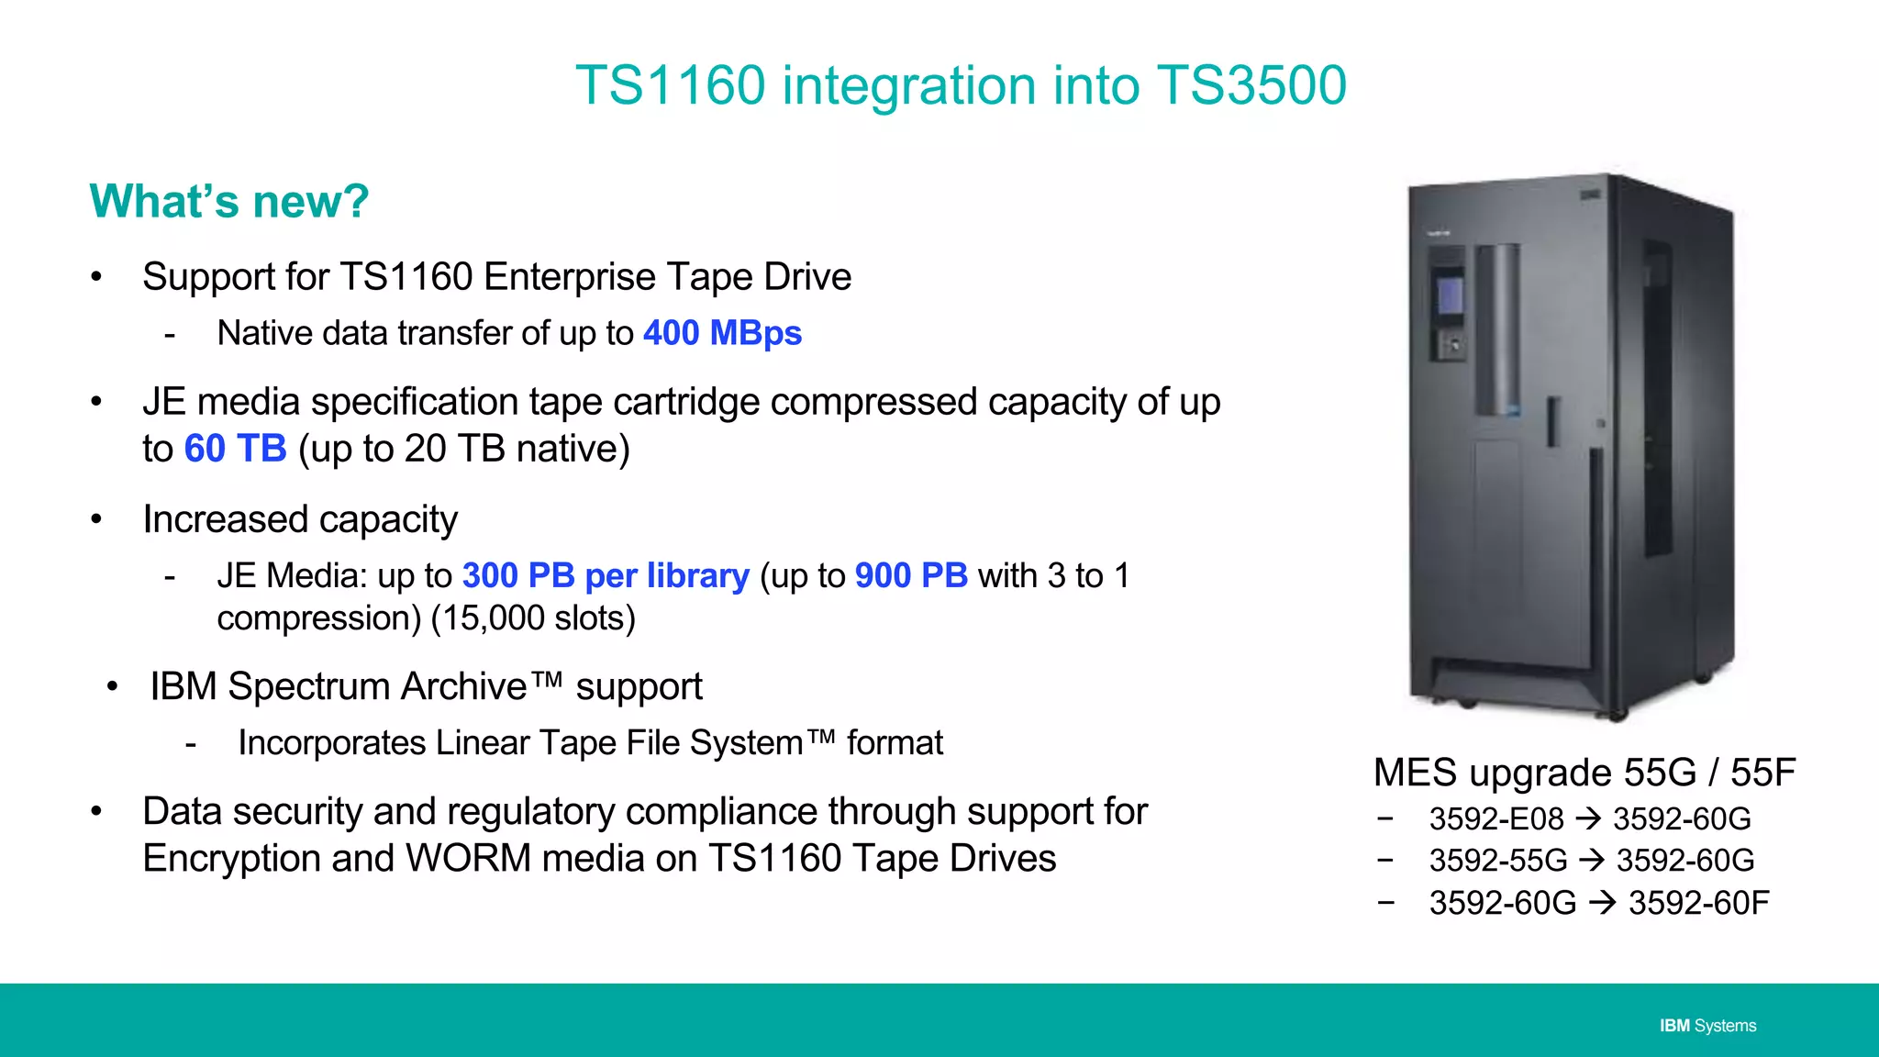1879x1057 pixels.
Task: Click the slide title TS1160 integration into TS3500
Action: (x=961, y=85)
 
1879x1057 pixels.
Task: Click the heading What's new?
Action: (x=229, y=201)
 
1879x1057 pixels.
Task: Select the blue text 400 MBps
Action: (x=722, y=333)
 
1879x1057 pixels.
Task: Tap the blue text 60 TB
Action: (x=235, y=449)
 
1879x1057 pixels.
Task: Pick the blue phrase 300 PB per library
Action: (x=606, y=575)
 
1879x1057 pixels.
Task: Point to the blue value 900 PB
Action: (x=911, y=575)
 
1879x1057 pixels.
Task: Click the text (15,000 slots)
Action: (x=533, y=618)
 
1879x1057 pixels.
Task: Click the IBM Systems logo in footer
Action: (x=1707, y=1026)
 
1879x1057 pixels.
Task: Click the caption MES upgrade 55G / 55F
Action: (x=1584, y=773)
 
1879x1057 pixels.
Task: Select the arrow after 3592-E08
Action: (x=1588, y=818)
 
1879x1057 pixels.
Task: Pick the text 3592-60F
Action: (x=1698, y=903)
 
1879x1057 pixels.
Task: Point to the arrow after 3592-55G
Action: (x=1592, y=861)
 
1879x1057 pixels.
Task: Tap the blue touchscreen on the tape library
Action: (x=1450, y=295)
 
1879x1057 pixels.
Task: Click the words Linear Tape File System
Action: (x=612, y=743)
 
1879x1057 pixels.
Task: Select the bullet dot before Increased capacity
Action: (x=96, y=519)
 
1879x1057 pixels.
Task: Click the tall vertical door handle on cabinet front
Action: (x=1595, y=560)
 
